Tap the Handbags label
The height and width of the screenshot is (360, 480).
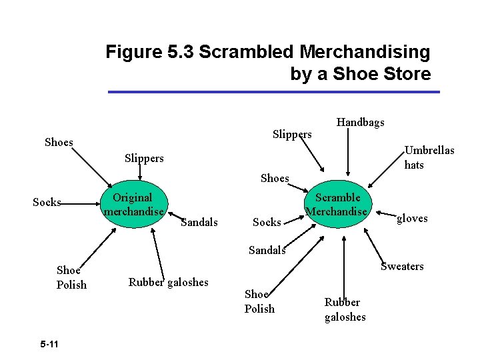pyautogui.click(x=360, y=122)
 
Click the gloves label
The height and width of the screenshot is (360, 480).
pyautogui.click(x=412, y=219)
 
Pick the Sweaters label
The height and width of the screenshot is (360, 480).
pyautogui.click(x=401, y=267)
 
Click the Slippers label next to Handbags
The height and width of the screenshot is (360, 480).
pyautogui.click(x=292, y=134)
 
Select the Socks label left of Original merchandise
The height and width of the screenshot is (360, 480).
pyautogui.click(x=47, y=202)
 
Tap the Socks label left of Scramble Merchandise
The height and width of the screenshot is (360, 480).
pyautogui.click(x=267, y=222)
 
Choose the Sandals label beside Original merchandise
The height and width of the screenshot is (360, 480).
pyautogui.click(x=199, y=222)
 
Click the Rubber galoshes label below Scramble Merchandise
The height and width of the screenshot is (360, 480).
pyautogui.click(x=345, y=309)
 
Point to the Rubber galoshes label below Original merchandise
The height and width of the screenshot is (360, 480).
pyautogui.click(x=168, y=282)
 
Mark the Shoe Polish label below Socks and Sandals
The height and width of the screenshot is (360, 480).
pyautogui.click(x=259, y=301)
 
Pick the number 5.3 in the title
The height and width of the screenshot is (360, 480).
pyautogui.click(x=179, y=51)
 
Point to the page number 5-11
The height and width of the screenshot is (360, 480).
pyautogui.click(x=49, y=344)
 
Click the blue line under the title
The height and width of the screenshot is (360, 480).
pyautogui.click(x=274, y=92)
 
